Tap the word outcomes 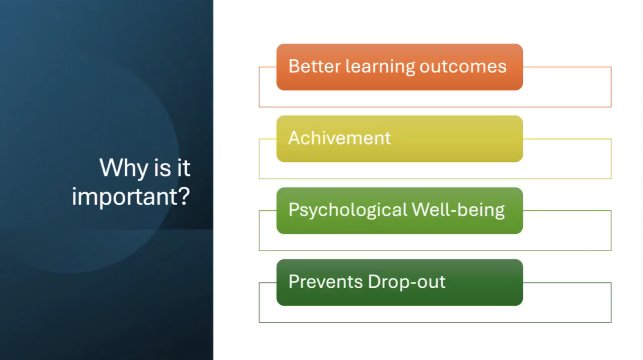463,67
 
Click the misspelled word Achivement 339,138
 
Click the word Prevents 326,282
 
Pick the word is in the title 163,168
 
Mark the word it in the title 184,168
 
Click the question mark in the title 184,196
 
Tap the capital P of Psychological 294,210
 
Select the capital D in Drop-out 374,282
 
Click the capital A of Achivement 295,138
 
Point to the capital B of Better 294,66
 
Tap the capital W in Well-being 422,210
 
